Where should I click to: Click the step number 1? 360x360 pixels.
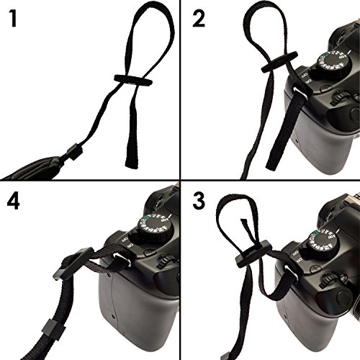[x=14, y=19]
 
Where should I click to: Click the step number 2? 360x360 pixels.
[x=199, y=19]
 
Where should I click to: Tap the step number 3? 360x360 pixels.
[x=199, y=201]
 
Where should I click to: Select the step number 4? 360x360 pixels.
[x=13, y=201]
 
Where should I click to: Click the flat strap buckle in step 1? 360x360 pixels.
[x=133, y=81]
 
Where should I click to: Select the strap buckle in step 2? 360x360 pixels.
[x=279, y=61]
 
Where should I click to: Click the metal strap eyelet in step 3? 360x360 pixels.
[x=292, y=271]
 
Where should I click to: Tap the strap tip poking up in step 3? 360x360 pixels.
[x=244, y=222]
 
